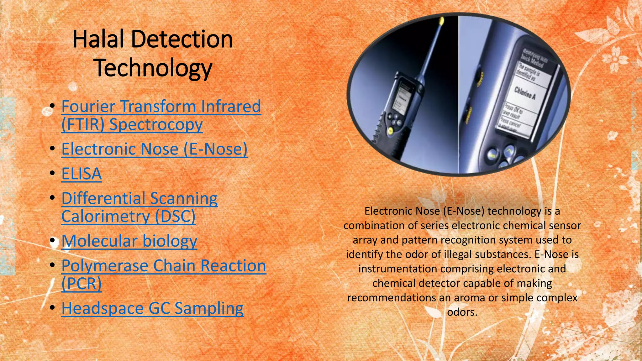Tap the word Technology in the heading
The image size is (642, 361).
(x=153, y=68)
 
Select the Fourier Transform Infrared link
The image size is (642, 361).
(x=161, y=106)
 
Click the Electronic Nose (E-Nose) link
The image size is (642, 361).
(x=154, y=149)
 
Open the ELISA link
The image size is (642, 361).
(x=82, y=174)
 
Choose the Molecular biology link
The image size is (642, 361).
(x=129, y=241)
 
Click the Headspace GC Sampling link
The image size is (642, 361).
(x=152, y=308)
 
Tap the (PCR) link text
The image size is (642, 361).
(x=82, y=284)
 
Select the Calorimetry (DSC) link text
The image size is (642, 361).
(x=128, y=217)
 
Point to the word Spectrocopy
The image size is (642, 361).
(x=156, y=124)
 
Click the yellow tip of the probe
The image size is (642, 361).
(x=442, y=21)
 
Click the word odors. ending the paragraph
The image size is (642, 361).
(x=462, y=312)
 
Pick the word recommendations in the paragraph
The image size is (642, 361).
(x=392, y=298)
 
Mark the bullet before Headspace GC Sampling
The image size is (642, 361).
(x=52, y=308)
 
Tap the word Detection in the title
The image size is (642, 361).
(x=182, y=39)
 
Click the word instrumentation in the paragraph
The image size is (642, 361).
(x=397, y=269)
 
